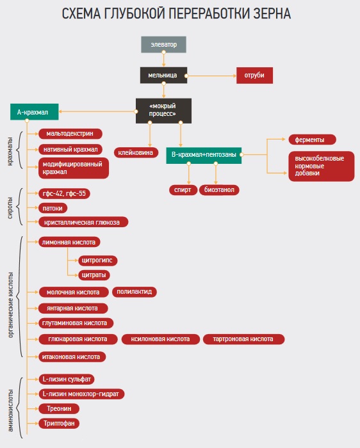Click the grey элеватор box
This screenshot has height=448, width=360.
point(163,44)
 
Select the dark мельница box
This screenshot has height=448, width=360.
point(163,75)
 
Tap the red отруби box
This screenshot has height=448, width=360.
point(254,76)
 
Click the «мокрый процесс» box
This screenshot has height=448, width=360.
point(163,111)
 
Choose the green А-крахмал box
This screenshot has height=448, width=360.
point(35,112)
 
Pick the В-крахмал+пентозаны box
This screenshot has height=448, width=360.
point(204,156)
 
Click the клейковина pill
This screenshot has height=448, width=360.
point(136,152)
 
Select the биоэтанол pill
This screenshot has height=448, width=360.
point(219,190)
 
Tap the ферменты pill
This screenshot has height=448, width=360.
point(312,140)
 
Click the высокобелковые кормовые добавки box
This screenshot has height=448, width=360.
point(322,166)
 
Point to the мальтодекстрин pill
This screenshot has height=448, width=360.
point(70,134)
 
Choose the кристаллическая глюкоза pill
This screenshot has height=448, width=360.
point(83,222)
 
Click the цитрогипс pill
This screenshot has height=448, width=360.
point(98,260)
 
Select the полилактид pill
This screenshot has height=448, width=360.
point(135,292)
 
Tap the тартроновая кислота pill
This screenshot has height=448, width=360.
point(243,339)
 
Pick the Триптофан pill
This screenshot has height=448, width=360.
point(59,423)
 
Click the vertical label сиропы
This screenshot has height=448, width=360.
point(10,208)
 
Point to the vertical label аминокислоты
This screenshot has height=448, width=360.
point(10,410)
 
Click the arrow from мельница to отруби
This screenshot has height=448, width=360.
point(211,76)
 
